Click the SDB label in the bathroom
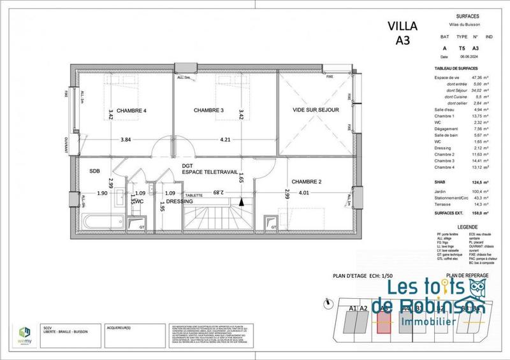95,170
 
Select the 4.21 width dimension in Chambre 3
225,140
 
